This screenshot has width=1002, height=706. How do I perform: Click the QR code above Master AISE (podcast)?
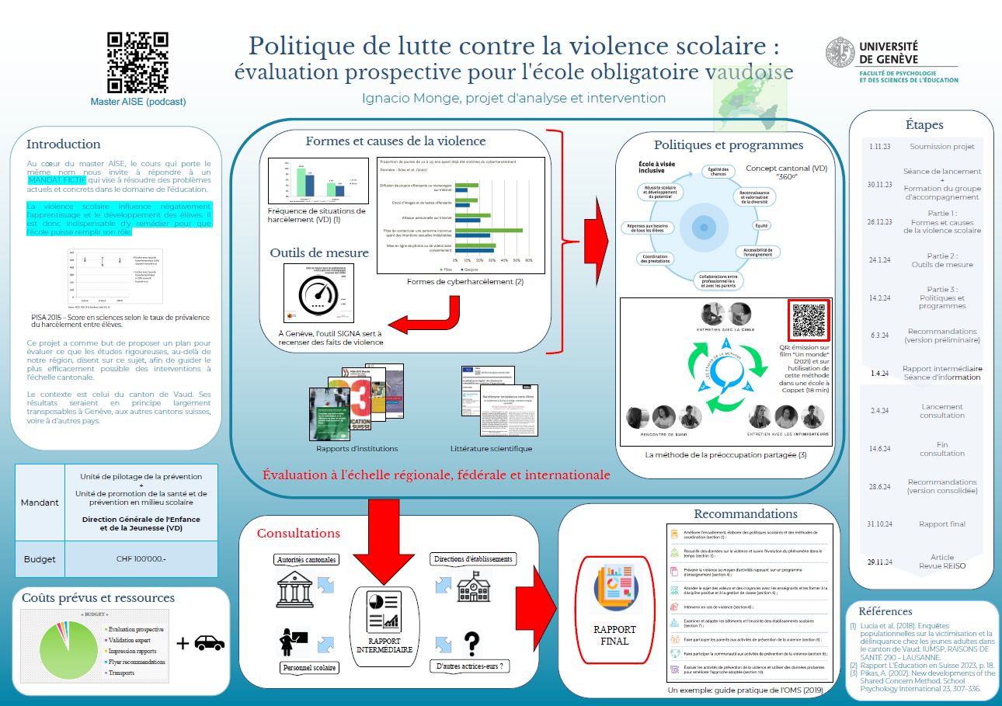[x=137, y=62]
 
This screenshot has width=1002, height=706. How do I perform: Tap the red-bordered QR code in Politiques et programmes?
[x=809, y=319]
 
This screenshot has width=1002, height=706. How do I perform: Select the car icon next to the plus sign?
[x=209, y=642]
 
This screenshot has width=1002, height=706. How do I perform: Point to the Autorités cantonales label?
[x=306, y=560]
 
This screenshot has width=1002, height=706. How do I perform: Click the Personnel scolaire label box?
[x=309, y=667]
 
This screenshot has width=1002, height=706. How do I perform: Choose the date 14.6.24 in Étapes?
[x=879, y=449]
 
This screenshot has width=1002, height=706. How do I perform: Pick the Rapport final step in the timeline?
[x=941, y=524]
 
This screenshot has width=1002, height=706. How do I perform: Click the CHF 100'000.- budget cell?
[x=141, y=558]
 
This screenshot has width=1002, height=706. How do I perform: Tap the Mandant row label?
[x=40, y=502]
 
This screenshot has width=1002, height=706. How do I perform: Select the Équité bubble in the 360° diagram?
[x=760, y=225]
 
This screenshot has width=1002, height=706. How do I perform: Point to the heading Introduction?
[x=64, y=144]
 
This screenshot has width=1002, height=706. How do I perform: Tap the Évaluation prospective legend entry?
[x=135, y=629]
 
